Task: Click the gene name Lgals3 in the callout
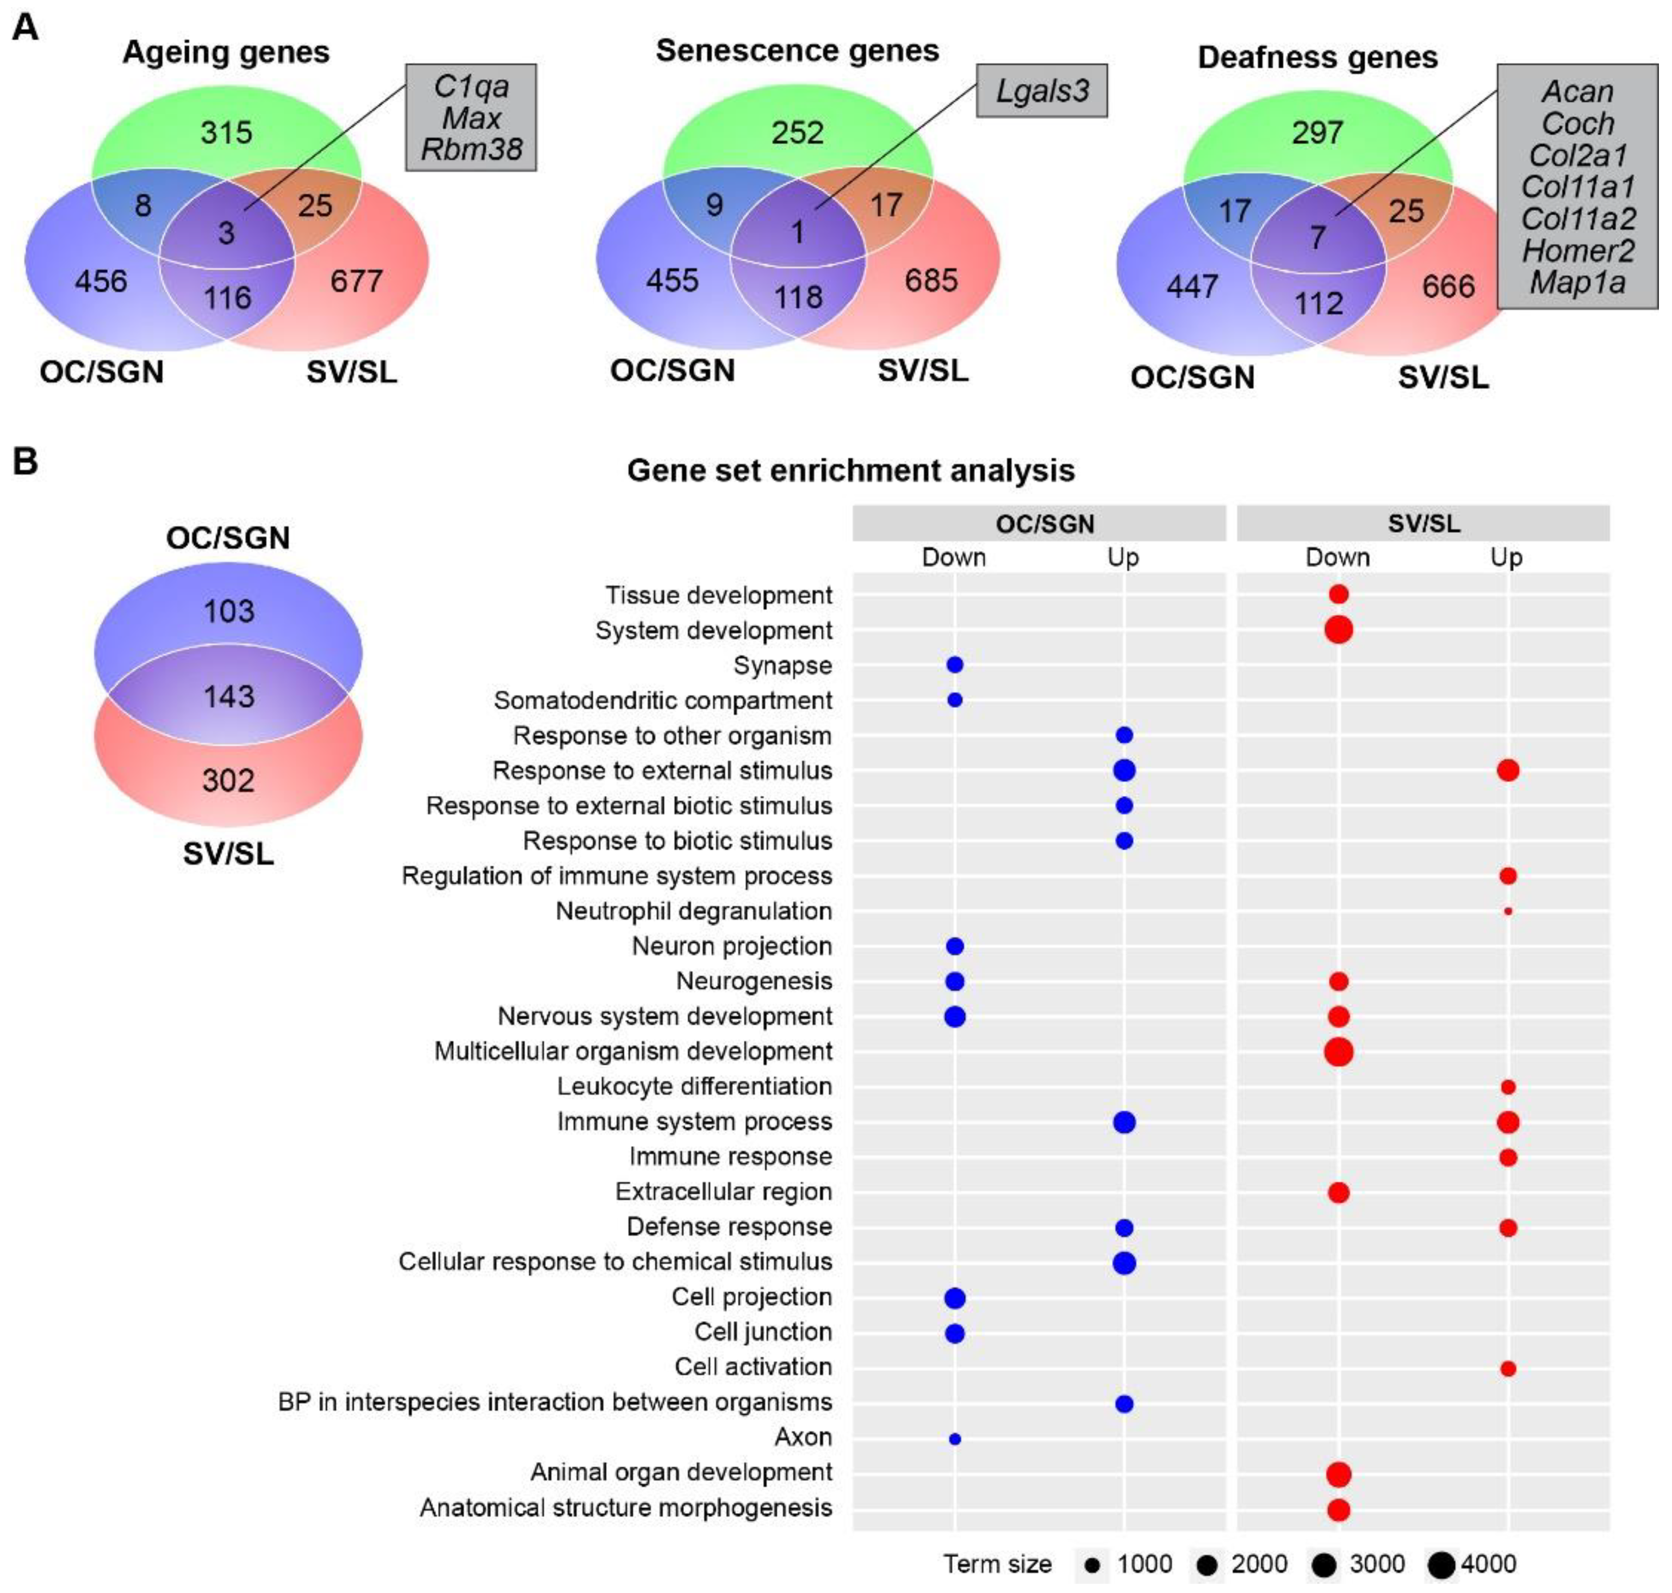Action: coord(1041,91)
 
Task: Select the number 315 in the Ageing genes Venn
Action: coord(226,133)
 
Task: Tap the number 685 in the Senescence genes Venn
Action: coord(931,280)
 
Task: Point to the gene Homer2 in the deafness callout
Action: coord(1578,251)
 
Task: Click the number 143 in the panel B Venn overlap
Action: coord(228,696)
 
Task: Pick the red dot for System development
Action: coord(1338,630)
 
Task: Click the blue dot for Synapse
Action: coord(954,665)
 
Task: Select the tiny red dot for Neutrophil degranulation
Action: coord(1508,911)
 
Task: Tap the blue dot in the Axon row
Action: coord(954,1439)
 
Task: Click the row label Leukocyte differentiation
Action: coord(694,1086)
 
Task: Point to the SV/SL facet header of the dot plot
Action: coord(1423,523)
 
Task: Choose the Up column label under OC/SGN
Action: coord(1123,557)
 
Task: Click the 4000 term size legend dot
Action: coord(1441,1564)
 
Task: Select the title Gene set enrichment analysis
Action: coord(851,470)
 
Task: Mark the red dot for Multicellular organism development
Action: coord(1338,1051)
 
